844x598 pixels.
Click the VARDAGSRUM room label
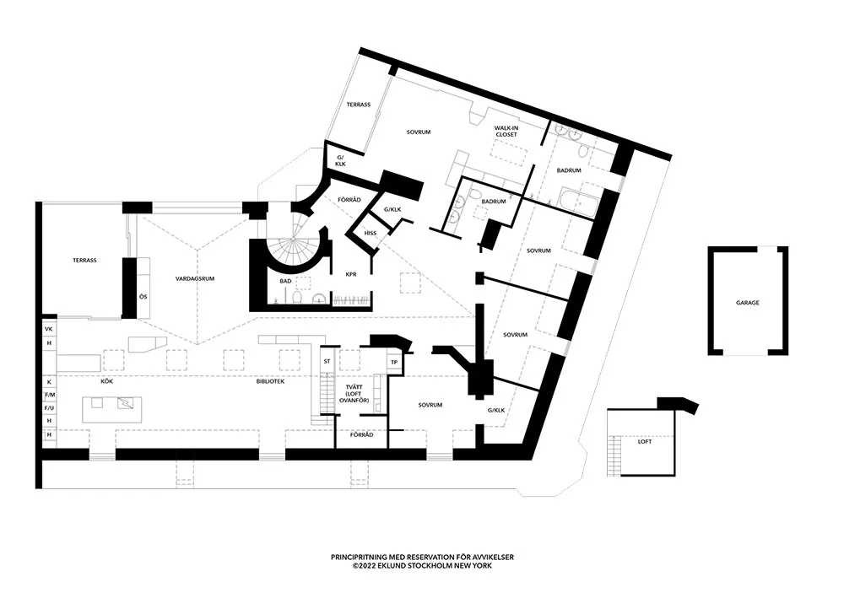(192, 277)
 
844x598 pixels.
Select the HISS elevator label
(371, 233)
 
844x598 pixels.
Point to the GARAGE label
(747, 301)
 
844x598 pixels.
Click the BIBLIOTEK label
(270, 381)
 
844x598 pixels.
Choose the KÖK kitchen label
(107, 381)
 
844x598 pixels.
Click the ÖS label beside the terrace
(143, 296)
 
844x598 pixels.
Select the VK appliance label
(49, 328)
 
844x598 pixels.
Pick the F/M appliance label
(49, 394)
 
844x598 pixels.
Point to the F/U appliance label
(49, 407)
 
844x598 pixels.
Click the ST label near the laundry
(326, 361)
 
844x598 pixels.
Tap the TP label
(393, 362)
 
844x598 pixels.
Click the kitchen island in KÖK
(112, 410)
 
